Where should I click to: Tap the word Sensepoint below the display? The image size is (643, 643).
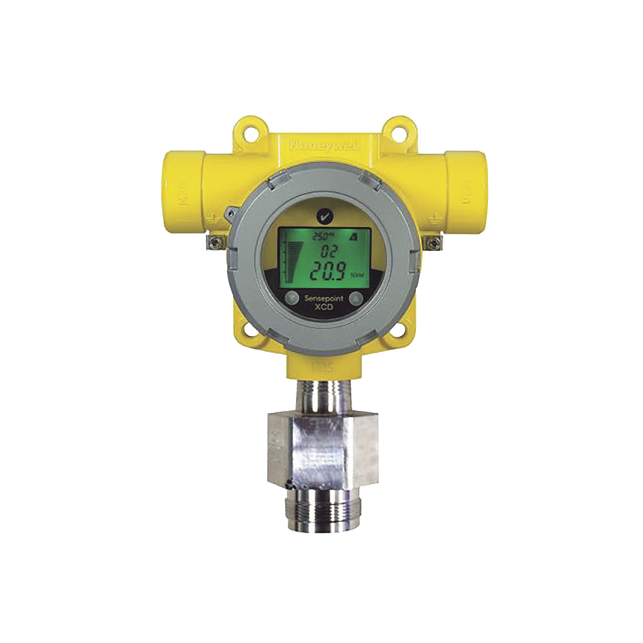click(x=323, y=300)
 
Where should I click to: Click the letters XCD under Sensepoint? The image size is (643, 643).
click(x=323, y=309)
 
